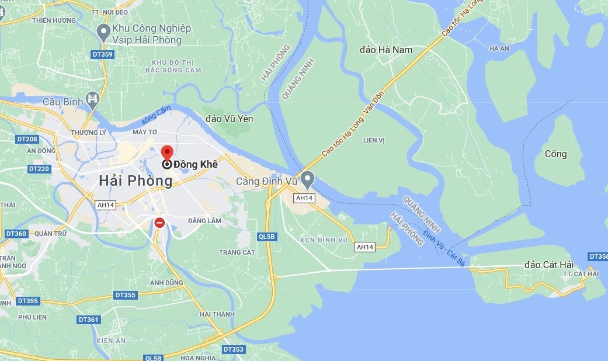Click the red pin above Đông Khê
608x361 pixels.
point(166,153)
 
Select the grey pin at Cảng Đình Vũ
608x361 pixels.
point(307,179)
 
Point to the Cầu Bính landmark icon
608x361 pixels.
point(92,100)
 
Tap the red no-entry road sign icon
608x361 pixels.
point(159,222)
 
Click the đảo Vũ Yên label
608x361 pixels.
point(230,119)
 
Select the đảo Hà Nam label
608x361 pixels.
point(387,50)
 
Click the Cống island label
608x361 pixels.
point(555,154)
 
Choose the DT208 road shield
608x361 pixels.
point(27,139)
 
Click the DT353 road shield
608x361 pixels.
point(233,349)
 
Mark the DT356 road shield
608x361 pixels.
point(599,256)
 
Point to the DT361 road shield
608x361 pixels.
point(88,320)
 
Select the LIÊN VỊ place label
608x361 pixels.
point(374,140)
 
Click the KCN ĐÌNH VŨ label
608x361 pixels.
point(324,240)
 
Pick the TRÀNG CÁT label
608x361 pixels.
point(237,252)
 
